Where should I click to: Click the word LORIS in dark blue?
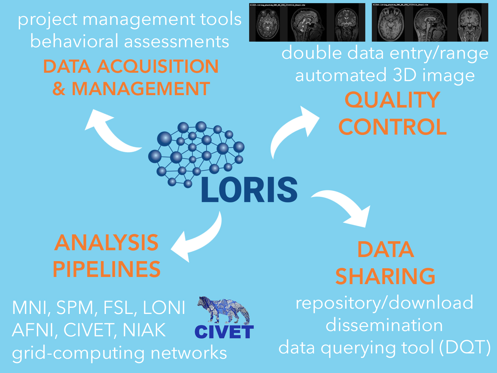pos(249,190)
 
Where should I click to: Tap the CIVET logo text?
pos(224,332)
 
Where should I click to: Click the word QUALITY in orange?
pos(392,100)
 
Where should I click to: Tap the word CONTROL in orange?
pos(392,127)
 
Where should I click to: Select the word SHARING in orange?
pos(385,276)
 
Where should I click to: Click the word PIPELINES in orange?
pos(107,269)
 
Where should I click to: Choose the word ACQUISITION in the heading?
pos(158,67)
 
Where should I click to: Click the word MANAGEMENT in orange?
pos(141,89)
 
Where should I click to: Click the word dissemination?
pos(384,325)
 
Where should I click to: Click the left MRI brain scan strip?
pos(307,22)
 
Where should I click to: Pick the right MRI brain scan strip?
pos(430,22)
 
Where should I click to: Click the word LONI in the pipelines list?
pos(164,308)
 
